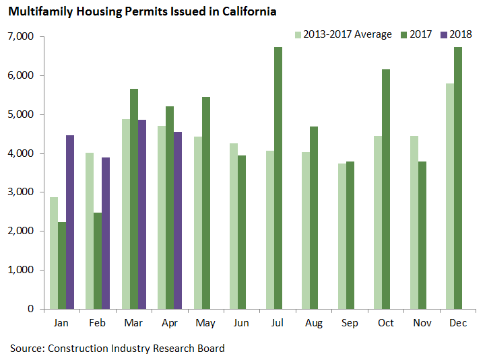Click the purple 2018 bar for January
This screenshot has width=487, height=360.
(69, 222)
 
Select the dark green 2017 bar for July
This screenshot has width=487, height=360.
(278, 178)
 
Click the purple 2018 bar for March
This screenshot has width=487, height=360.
(141, 215)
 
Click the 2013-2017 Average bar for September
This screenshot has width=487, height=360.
(342, 236)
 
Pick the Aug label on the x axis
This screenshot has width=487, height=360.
(314, 324)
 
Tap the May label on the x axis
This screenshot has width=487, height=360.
(205, 324)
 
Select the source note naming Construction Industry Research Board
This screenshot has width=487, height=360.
(117, 348)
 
